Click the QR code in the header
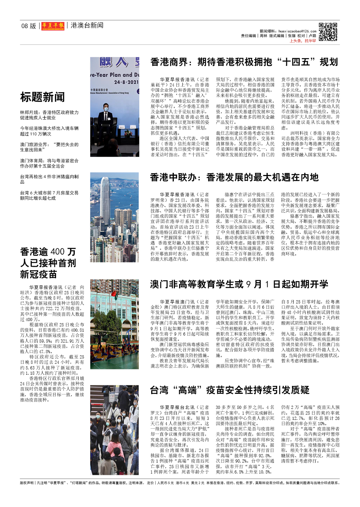[328, 32]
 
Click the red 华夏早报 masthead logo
[53, 26]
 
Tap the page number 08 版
[29, 26]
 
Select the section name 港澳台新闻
[87, 25]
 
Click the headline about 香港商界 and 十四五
[244, 62]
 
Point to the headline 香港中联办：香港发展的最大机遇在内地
[234, 177]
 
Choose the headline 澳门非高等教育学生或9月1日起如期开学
[239, 284]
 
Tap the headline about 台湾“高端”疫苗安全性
[230, 390]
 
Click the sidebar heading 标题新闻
[42, 97]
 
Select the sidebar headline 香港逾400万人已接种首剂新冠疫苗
[48, 263]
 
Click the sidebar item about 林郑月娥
[49, 115]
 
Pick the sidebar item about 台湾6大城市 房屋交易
[49, 195]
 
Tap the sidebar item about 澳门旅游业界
[49, 147]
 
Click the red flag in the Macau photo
[114, 294]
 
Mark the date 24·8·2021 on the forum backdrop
[126, 82]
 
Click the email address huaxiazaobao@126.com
[297, 31]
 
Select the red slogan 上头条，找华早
[303, 41]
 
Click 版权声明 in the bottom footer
[27, 483]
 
